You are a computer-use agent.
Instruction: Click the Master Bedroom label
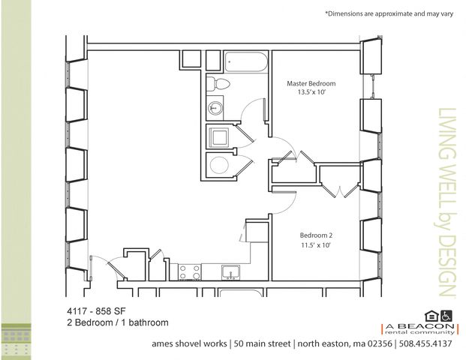(311, 83)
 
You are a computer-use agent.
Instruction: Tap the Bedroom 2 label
(316, 235)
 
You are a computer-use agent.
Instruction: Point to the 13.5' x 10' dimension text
(311, 92)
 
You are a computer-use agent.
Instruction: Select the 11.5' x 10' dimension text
(316, 245)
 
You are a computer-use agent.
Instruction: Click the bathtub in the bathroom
(246, 61)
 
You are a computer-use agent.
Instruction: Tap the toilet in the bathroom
(218, 83)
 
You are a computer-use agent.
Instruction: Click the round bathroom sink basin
(215, 107)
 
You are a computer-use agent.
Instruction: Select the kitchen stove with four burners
(189, 272)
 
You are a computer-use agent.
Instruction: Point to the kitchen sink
(230, 272)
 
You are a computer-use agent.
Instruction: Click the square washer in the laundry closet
(219, 137)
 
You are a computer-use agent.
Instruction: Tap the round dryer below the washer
(219, 165)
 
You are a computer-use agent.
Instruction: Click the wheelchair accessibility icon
(446, 316)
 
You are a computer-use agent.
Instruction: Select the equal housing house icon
(431, 316)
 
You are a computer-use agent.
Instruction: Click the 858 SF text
(110, 311)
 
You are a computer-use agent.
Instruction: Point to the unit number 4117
(77, 311)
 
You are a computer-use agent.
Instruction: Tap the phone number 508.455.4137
(425, 343)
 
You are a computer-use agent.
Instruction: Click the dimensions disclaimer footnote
(389, 13)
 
